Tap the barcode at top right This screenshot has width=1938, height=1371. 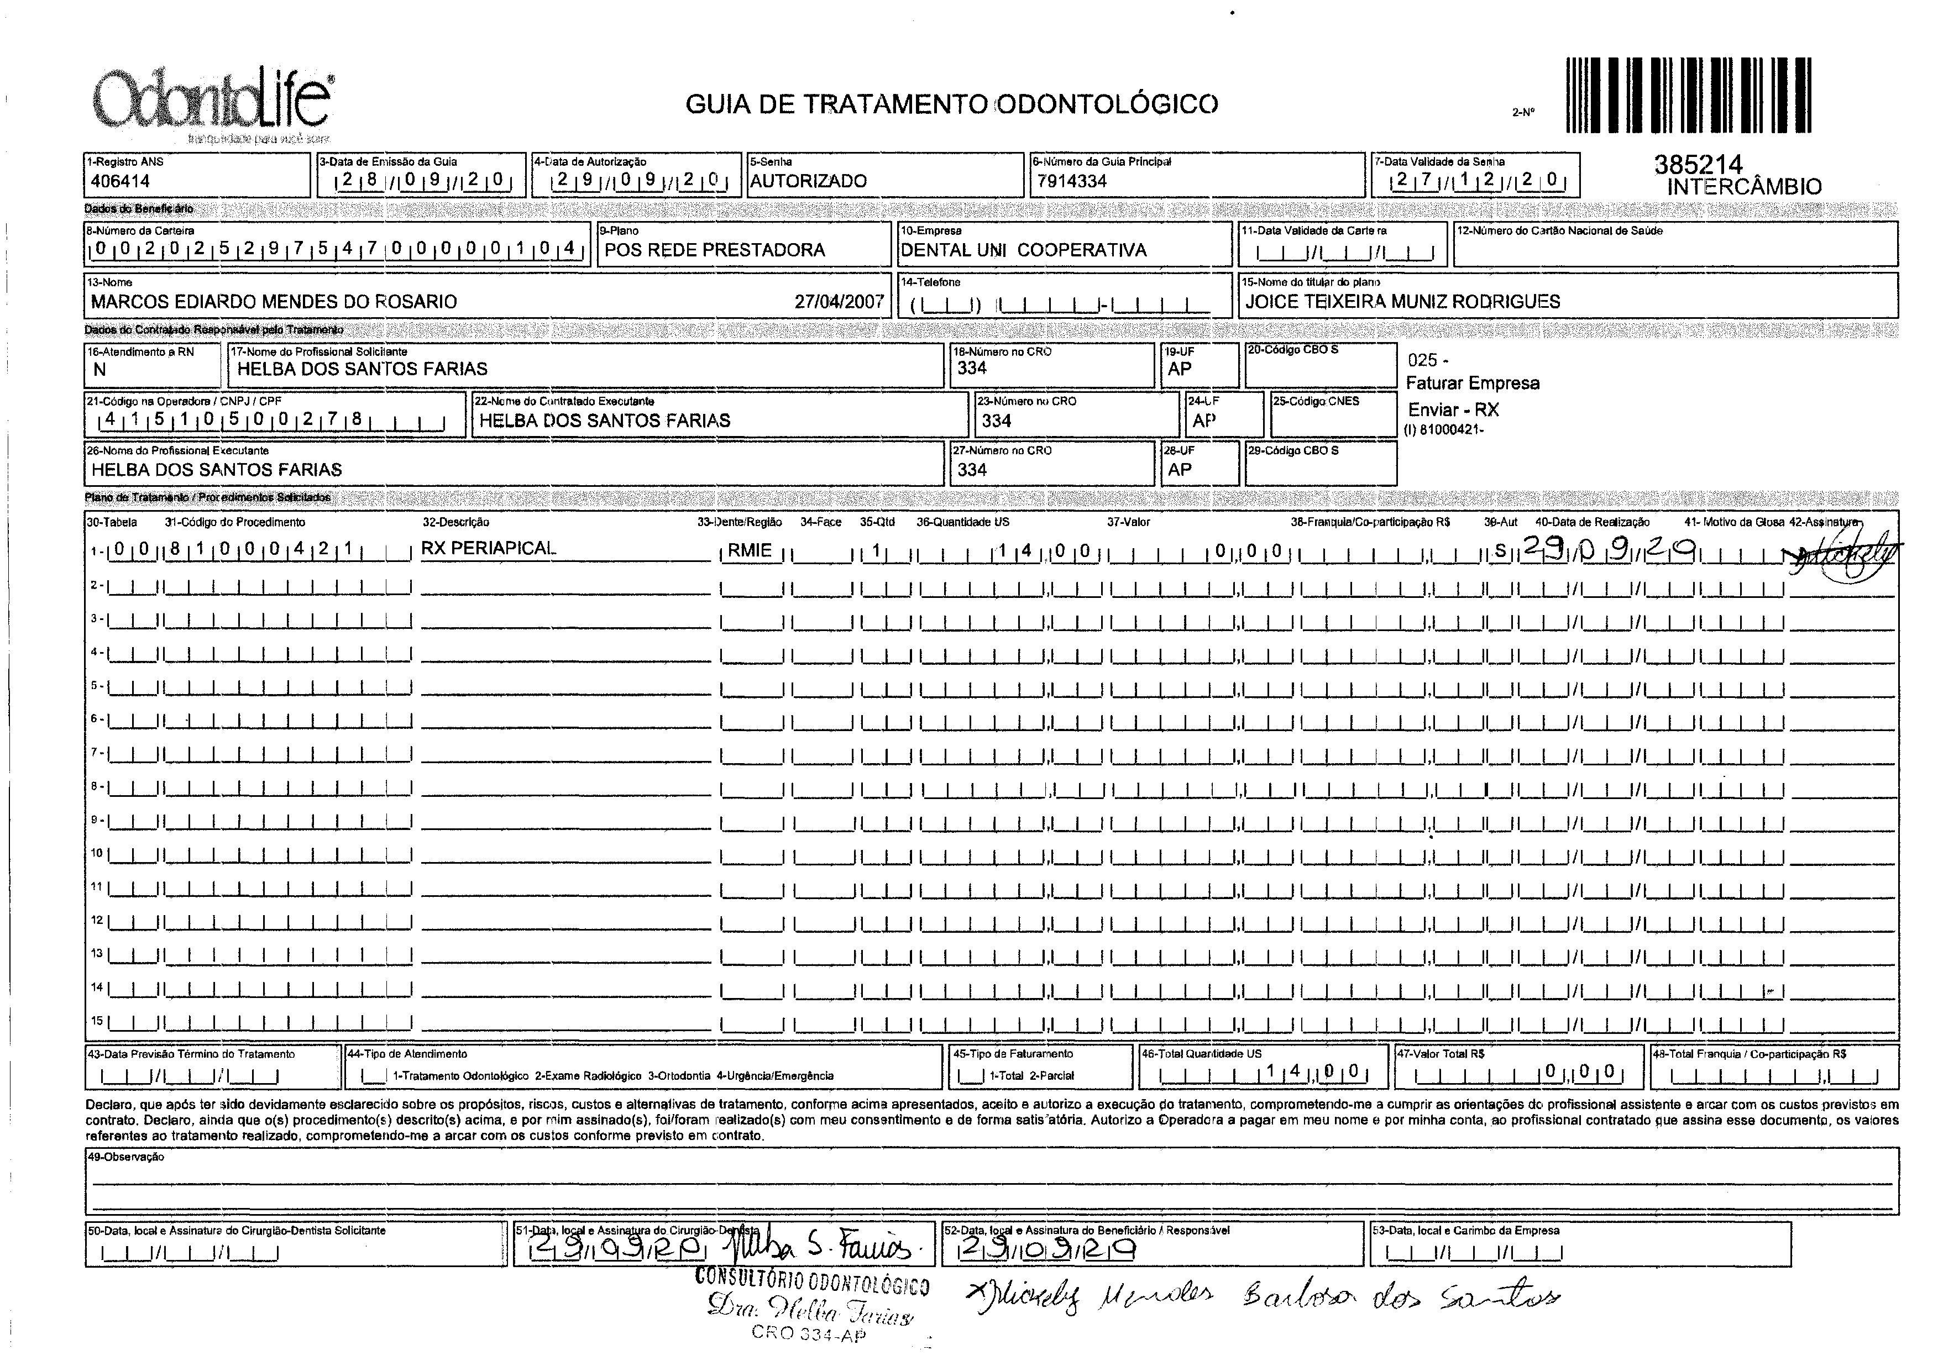point(1688,94)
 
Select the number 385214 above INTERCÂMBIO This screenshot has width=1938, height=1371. point(1698,165)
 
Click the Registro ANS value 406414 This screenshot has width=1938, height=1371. point(120,181)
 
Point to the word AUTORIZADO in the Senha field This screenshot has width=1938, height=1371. point(808,181)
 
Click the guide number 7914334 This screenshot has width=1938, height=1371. point(1072,181)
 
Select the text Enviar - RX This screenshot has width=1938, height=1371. point(1453,410)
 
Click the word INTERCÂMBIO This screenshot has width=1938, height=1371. point(1744,187)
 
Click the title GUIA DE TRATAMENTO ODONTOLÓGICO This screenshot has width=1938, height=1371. point(952,104)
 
